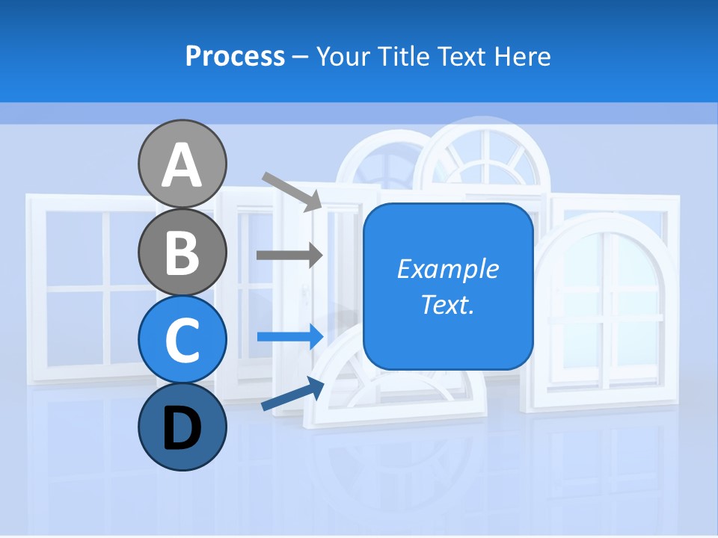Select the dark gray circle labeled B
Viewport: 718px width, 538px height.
182,252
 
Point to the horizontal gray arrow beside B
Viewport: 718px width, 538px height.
289,255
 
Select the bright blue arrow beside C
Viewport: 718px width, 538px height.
289,336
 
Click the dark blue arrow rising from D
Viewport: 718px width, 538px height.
292,395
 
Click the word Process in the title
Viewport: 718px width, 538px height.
235,56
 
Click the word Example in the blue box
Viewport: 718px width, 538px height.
447,269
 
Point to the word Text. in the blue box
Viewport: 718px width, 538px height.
447,304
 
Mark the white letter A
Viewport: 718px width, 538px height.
182,166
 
